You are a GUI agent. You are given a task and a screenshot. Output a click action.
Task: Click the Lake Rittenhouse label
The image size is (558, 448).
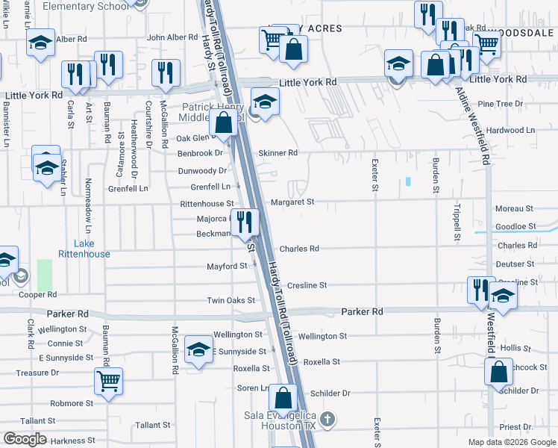tap(93, 249)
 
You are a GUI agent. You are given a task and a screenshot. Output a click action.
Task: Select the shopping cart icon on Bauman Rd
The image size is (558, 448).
tap(108, 382)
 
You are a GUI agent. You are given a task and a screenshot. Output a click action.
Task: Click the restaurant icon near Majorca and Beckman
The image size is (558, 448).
tap(244, 222)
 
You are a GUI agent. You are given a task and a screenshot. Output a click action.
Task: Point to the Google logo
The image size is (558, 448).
tap(25, 439)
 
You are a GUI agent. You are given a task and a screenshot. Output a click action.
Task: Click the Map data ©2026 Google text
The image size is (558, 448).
tap(510, 442)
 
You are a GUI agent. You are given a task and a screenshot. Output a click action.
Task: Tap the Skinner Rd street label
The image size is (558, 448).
tap(278, 153)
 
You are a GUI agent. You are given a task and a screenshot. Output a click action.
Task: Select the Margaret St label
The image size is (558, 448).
tap(292, 202)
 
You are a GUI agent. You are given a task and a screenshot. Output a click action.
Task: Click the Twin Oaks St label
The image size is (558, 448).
tap(231, 301)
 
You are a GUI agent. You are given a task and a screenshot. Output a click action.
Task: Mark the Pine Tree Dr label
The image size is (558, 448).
tap(500, 104)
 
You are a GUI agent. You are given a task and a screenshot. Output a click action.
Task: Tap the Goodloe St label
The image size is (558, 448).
tap(515, 226)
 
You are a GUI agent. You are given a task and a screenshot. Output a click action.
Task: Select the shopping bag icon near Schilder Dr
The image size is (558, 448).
tap(498, 372)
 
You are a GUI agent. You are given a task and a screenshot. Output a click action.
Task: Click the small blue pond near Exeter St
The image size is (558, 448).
tap(408, 181)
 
